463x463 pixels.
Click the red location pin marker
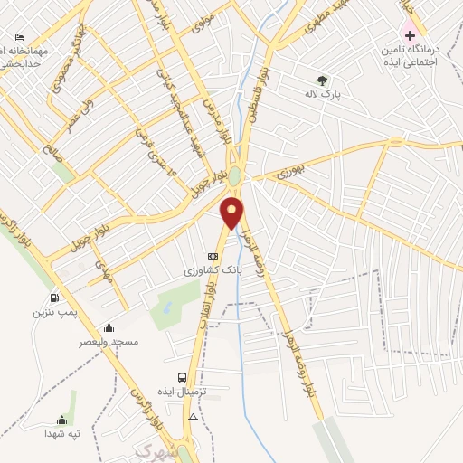tap(233, 213)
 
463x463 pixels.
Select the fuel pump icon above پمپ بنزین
tap(55, 298)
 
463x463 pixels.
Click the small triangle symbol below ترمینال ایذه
tap(192, 417)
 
